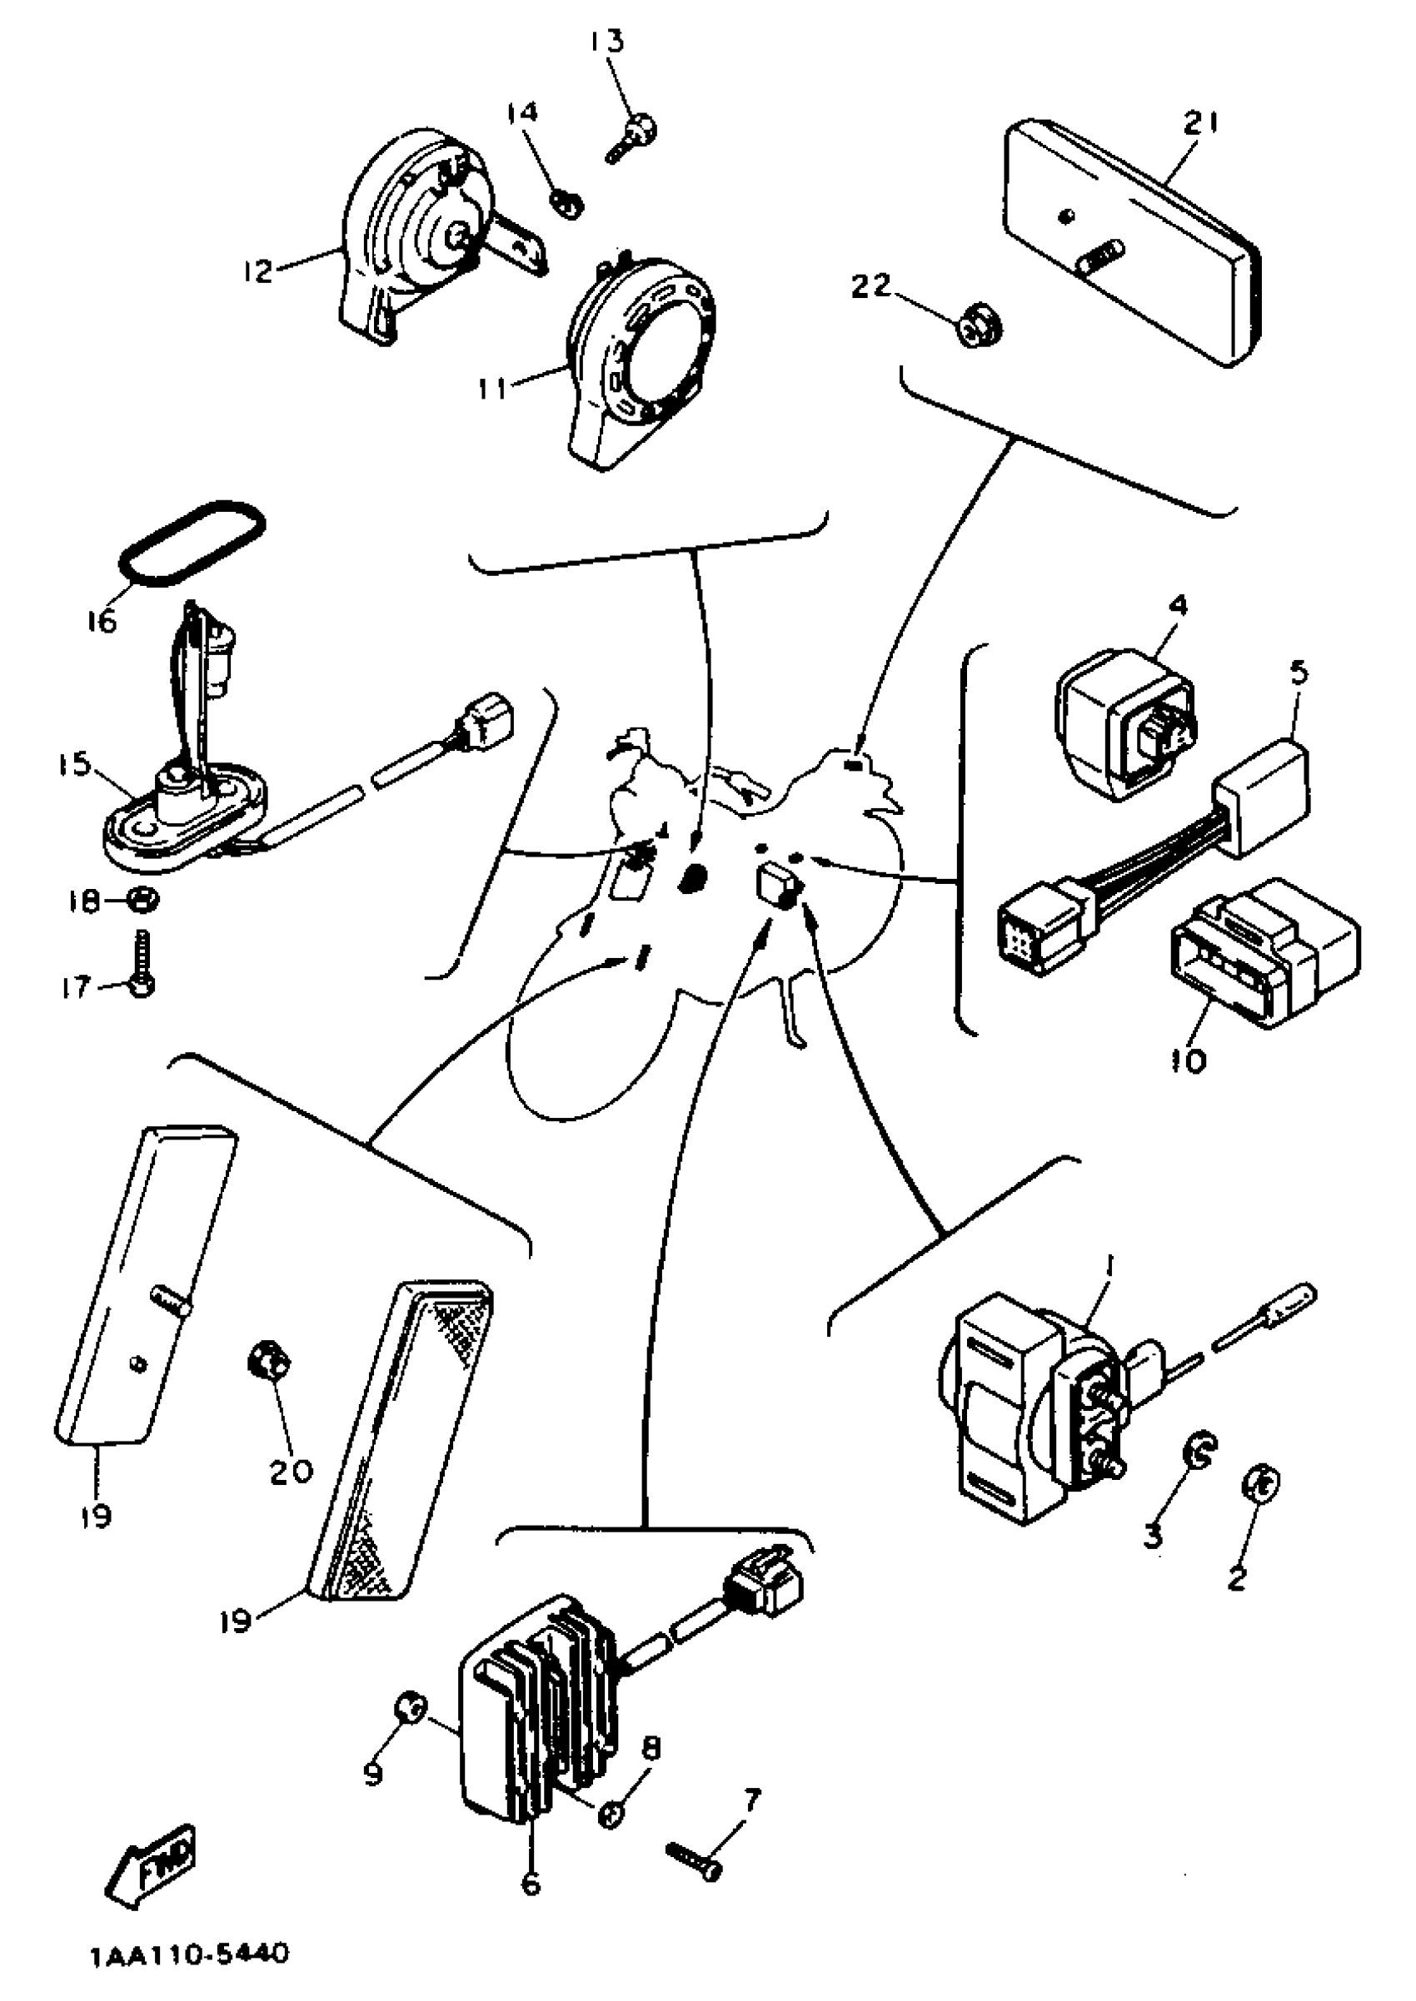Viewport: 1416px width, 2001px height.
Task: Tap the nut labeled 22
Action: click(980, 328)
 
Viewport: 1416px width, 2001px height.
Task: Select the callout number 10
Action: click(1189, 1060)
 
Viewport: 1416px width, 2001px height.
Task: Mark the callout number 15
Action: click(75, 764)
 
